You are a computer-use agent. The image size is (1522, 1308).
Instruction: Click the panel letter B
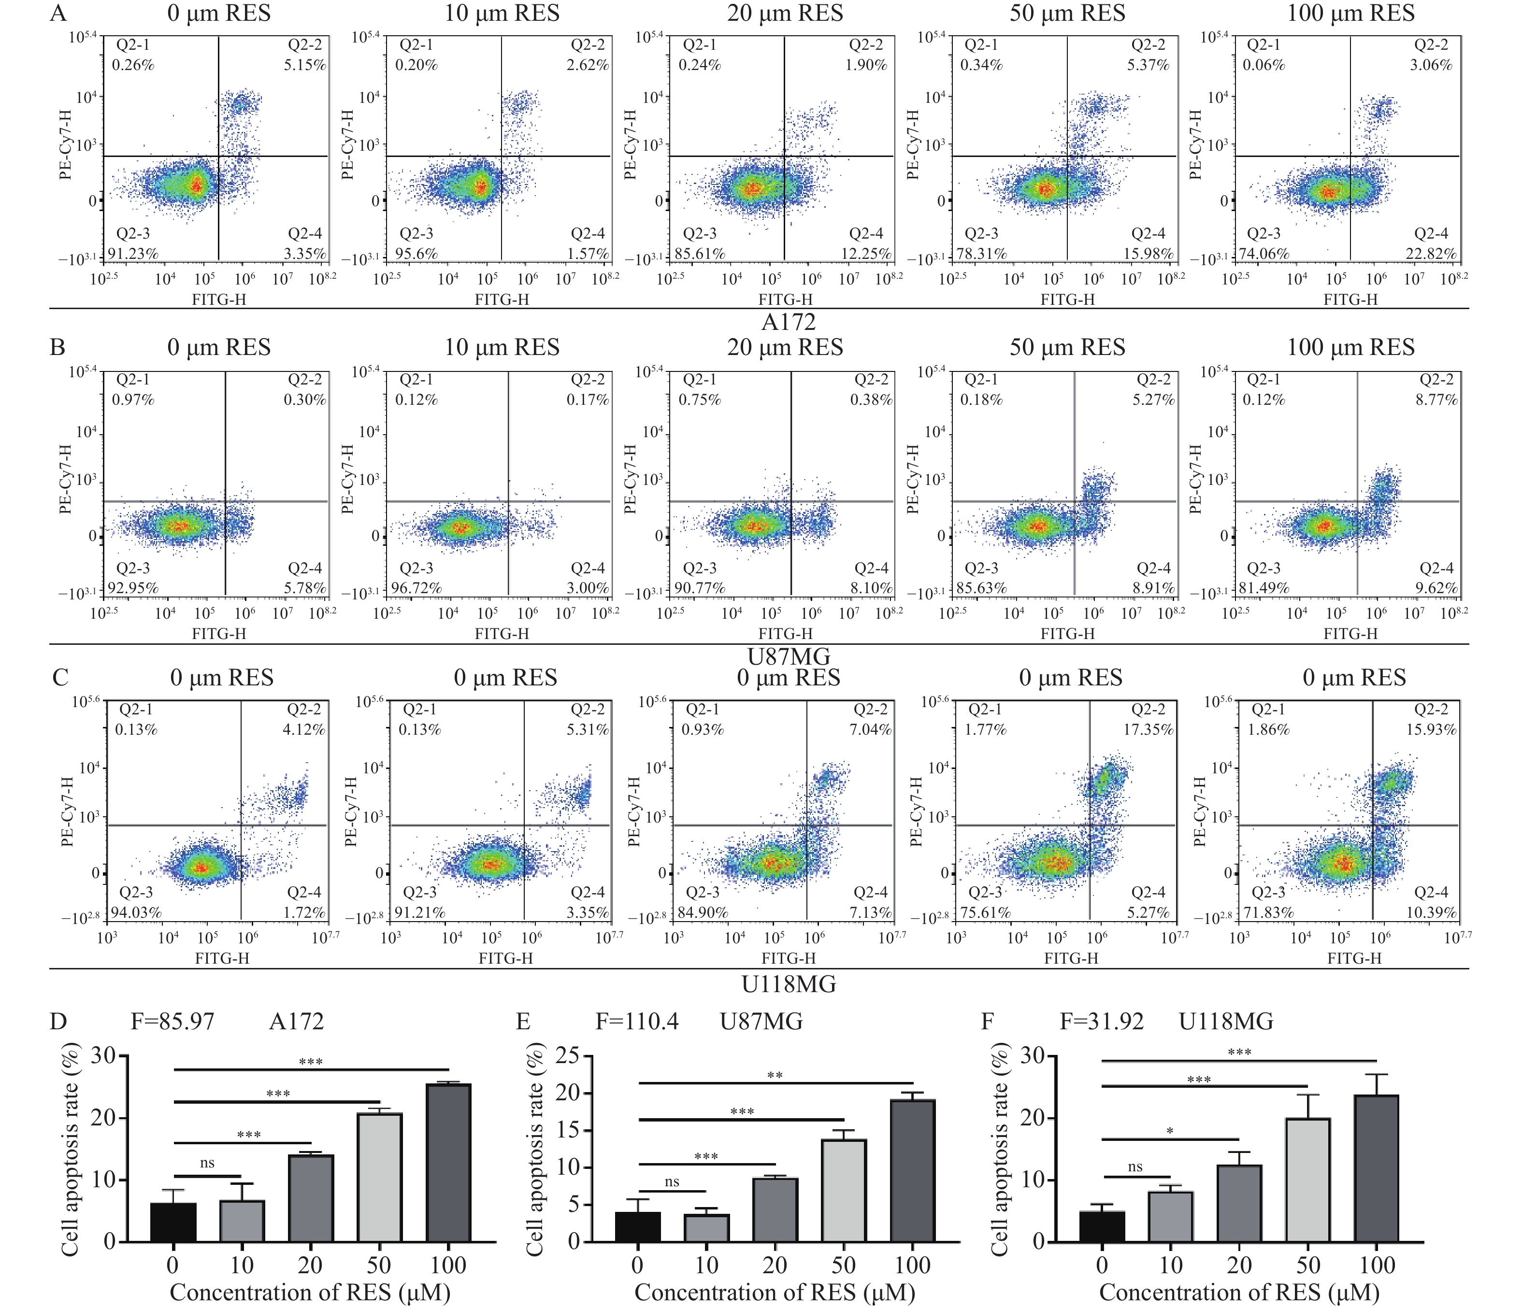(57, 347)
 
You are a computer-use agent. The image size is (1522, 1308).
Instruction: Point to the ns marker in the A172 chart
(207, 1163)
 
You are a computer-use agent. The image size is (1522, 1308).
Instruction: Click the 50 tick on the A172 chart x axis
(379, 1265)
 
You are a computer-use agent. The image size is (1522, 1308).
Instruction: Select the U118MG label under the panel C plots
(788, 984)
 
